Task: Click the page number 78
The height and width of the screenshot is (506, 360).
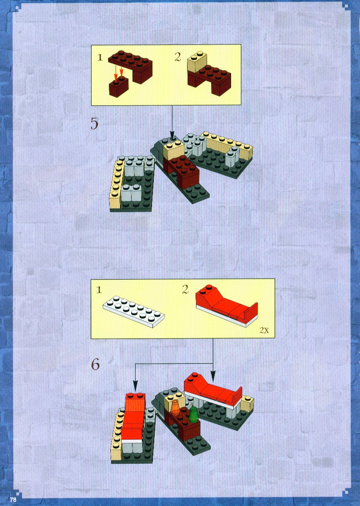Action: click(x=13, y=499)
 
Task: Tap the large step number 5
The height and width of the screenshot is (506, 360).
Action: click(x=94, y=124)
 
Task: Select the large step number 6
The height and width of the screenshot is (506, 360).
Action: click(x=95, y=365)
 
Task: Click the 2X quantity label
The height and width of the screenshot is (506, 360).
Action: click(x=264, y=331)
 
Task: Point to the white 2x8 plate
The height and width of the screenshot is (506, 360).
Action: click(x=134, y=311)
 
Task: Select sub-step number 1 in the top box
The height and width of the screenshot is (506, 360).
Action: click(x=100, y=58)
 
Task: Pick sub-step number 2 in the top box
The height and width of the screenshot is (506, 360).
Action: click(x=178, y=57)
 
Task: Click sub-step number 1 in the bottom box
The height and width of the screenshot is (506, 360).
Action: click(x=99, y=290)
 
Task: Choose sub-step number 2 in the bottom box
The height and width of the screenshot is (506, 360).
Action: click(x=185, y=289)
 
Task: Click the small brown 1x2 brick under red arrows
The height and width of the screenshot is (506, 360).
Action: click(x=119, y=86)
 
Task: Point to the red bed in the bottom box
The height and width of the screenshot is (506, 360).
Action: click(x=227, y=306)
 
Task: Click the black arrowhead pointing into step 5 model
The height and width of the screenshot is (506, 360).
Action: click(x=172, y=135)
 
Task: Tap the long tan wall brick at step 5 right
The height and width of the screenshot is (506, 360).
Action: click(x=228, y=144)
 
